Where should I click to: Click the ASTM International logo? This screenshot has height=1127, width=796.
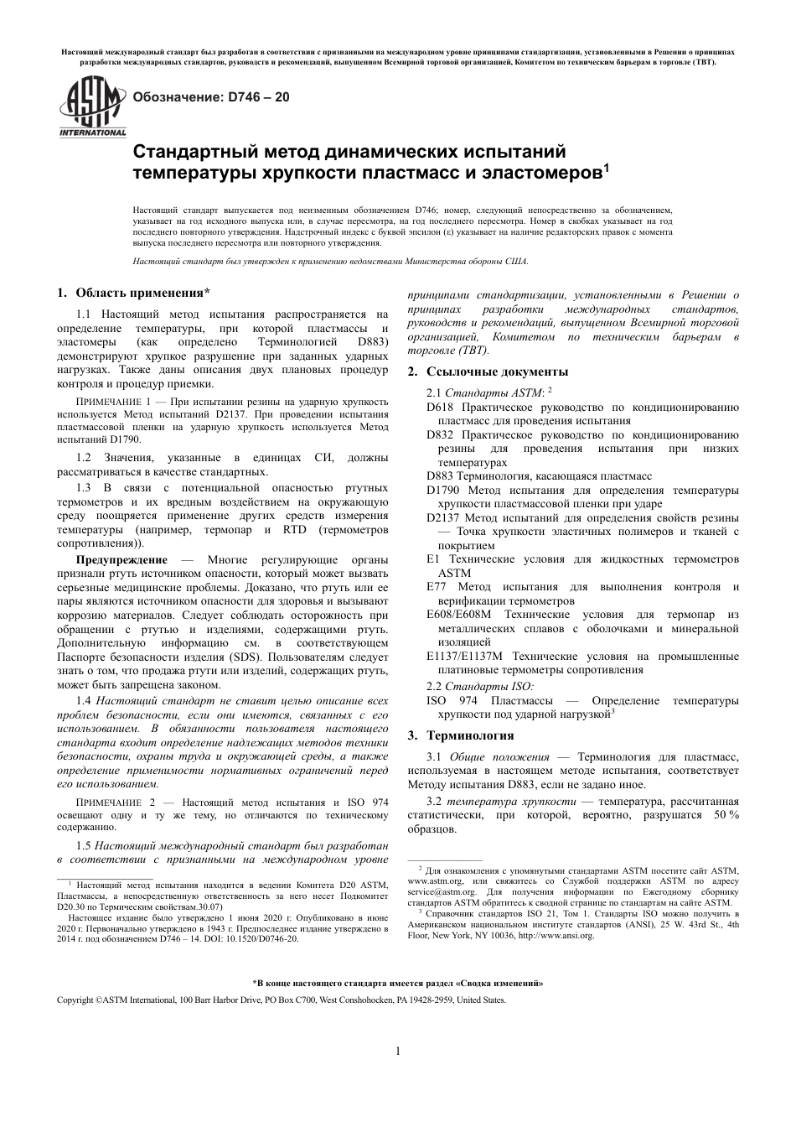(x=91, y=106)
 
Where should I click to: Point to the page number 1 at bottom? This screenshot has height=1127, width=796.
(x=398, y=1052)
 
